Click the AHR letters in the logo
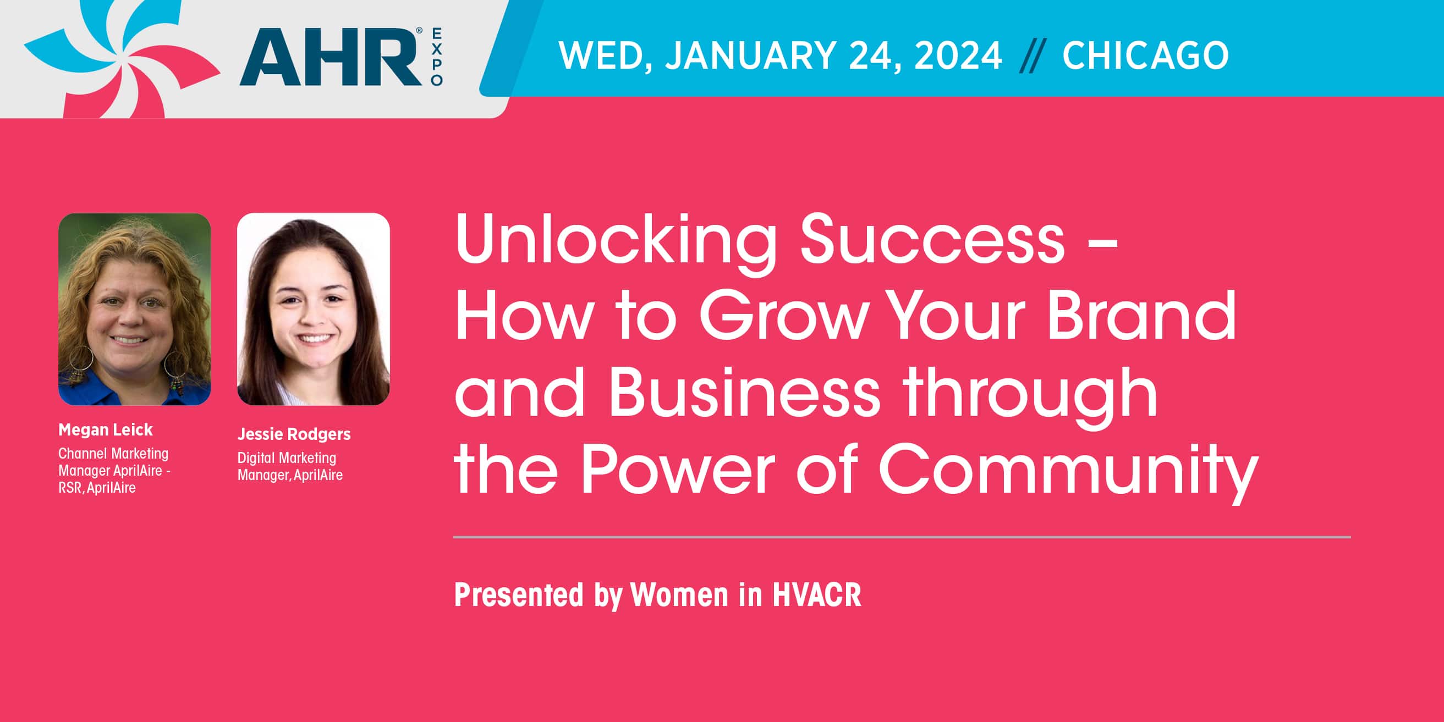(331, 57)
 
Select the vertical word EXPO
(437, 57)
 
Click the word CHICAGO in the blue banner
(1145, 56)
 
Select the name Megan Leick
(106, 430)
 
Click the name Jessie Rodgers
(294, 434)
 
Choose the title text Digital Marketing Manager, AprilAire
(290, 466)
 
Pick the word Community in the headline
(1068, 469)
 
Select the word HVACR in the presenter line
(817, 595)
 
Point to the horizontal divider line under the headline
(902, 537)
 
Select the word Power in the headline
(678, 469)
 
